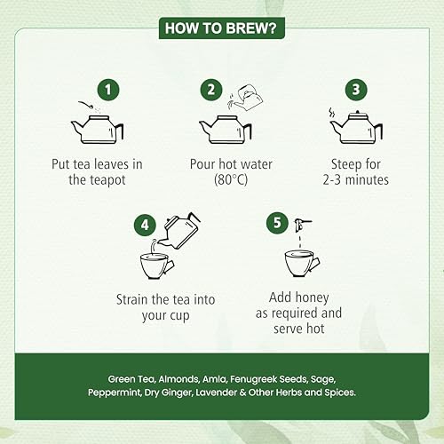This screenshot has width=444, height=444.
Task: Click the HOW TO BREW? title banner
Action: [x=222, y=28]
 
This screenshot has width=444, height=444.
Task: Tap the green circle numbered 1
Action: [x=108, y=90]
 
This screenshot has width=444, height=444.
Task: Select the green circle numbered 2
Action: [x=211, y=90]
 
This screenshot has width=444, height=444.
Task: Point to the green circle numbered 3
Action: [x=356, y=90]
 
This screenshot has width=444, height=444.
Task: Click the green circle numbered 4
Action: [x=145, y=226]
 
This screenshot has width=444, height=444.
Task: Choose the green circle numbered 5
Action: [x=277, y=223]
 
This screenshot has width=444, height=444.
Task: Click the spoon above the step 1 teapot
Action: [x=86, y=105]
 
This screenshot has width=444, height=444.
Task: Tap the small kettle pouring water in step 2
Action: [x=248, y=97]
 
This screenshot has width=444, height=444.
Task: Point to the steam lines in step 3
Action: [x=332, y=114]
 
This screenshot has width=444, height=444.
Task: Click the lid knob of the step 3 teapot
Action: [x=358, y=113]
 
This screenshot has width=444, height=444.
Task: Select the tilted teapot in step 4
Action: [x=179, y=232]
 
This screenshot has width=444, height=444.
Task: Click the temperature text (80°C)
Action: [x=231, y=179]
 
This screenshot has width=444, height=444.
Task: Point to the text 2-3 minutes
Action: [x=356, y=179]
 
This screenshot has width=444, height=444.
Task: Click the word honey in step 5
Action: [x=313, y=297]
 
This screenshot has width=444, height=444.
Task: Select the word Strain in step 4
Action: [x=131, y=299]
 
